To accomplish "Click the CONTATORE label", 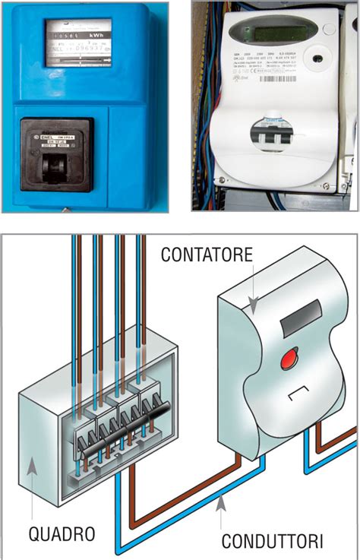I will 206,255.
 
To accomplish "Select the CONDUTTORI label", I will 273,541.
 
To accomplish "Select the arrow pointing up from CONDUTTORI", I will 222,505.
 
